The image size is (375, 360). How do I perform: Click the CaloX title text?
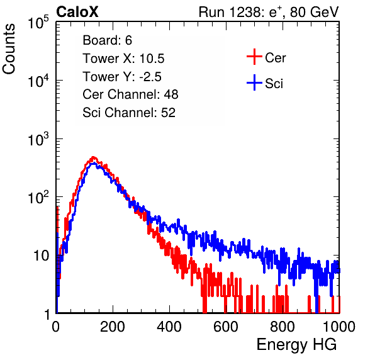(x=77, y=12)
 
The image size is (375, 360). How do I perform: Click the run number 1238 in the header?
(x=244, y=12)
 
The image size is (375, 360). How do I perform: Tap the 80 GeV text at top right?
(x=315, y=12)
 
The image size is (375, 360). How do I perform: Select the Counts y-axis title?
(x=9, y=49)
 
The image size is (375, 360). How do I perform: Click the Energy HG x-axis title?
(x=297, y=345)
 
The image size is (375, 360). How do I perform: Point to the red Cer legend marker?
(x=254, y=57)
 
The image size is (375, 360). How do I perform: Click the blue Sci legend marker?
(x=254, y=82)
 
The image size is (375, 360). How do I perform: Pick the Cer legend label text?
(x=275, y=58)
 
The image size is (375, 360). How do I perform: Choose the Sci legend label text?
(x=274, y=84)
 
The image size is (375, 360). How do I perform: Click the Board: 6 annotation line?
(x=107, y=40)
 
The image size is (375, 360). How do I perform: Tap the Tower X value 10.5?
(x=152, y=59)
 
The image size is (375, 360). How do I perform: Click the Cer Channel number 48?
(x=171, y=94)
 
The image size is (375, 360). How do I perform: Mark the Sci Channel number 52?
(x=168, y=113)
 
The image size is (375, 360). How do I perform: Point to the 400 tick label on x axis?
(x=169, y=327)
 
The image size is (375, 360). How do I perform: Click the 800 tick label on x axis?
(x=283, y=327)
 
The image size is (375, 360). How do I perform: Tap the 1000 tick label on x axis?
(x=339, y=327)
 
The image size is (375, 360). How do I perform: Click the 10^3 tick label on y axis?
(x=38, y=139)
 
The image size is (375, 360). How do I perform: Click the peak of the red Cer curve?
(x=93, y=157)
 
